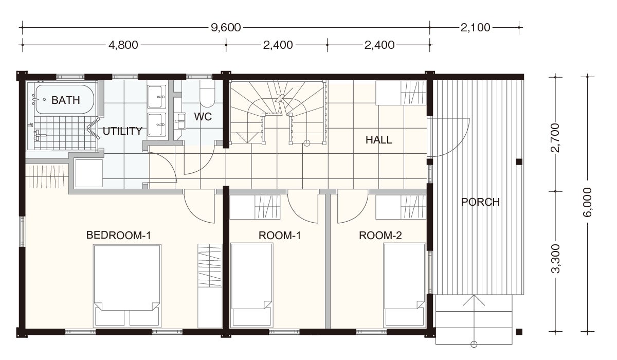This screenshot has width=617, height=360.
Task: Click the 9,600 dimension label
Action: (226, 28)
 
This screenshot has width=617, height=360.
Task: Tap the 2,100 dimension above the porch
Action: (476, 28)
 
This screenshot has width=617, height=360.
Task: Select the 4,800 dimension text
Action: (123, 45)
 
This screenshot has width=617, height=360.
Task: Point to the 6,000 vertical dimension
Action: (587, 202)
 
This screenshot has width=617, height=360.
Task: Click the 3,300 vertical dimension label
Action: (555, 259)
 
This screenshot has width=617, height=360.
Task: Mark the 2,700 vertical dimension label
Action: (555, 138)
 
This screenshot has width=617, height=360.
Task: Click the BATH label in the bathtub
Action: (66, 100)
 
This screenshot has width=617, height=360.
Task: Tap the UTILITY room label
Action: (122, 131)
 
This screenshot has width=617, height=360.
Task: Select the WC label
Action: (203, 117)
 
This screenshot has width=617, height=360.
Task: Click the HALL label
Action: (379, 140)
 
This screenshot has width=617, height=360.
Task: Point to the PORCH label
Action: (480, 202)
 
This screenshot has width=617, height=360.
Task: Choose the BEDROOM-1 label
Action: (119, 235)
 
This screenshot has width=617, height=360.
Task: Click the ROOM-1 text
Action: (280, 236)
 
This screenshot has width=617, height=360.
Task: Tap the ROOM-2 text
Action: (380, 236)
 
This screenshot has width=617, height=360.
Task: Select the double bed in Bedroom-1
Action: (127, 286)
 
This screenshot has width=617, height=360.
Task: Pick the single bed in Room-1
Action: (252, 285)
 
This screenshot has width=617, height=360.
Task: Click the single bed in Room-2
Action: (405, 285)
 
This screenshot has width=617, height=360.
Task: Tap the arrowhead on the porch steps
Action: (474, 300)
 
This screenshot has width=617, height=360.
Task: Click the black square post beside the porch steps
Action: (519, 332)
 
